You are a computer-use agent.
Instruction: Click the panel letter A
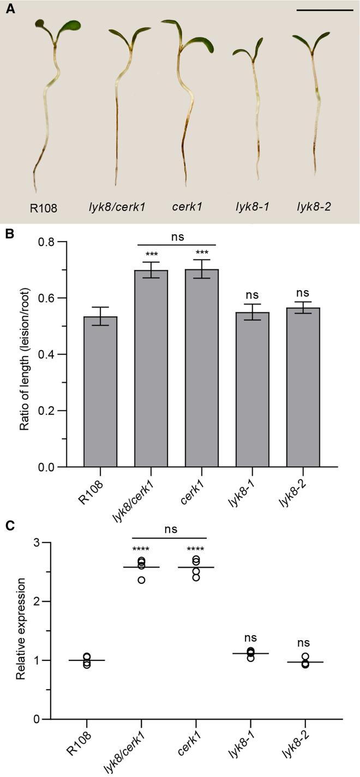coord(9,10)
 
